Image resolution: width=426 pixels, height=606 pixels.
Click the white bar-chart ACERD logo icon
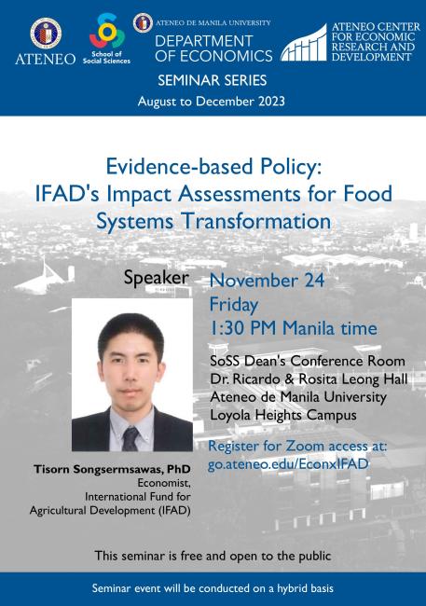(304, 43)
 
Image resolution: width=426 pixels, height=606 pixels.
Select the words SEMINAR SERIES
(213, 81)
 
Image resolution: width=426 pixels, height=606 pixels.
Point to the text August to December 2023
(213, 101)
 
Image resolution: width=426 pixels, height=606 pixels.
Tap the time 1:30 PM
(246, 328)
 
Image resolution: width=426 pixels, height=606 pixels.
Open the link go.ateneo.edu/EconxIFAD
(288, 463)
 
